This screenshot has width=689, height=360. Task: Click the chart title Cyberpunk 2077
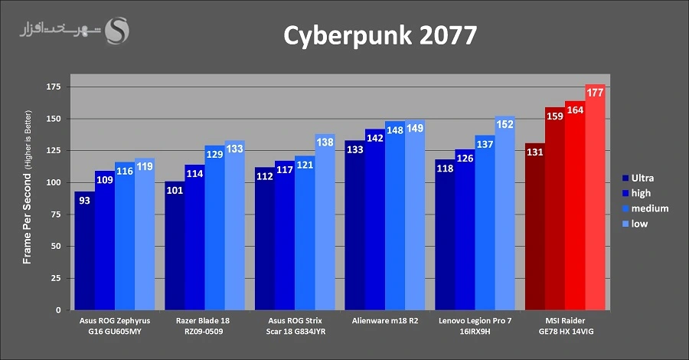[380, 36]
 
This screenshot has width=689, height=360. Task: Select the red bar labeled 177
[595, 199]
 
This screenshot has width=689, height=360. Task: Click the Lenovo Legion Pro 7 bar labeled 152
[505, 214]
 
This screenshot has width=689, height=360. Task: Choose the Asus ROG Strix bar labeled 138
[325, 223]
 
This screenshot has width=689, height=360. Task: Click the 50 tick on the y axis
[57, 247]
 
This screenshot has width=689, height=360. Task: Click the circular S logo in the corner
[117, 31]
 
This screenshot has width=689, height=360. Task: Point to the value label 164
[575, 110]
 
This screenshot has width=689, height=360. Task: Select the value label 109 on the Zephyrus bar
[105, 180]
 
